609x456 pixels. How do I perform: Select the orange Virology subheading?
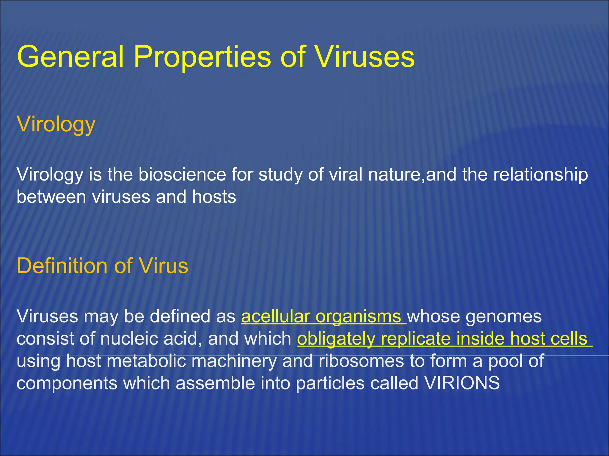tap(56, 124)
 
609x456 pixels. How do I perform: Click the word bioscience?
tap(182, 174)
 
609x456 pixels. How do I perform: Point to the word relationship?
tap(540, 174)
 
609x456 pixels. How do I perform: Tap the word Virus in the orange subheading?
tap(164, 265)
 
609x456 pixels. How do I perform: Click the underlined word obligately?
tap(336, 339)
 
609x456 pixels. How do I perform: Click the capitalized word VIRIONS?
tap(462, 383)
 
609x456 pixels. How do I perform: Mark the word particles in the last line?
tap(330, 383)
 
